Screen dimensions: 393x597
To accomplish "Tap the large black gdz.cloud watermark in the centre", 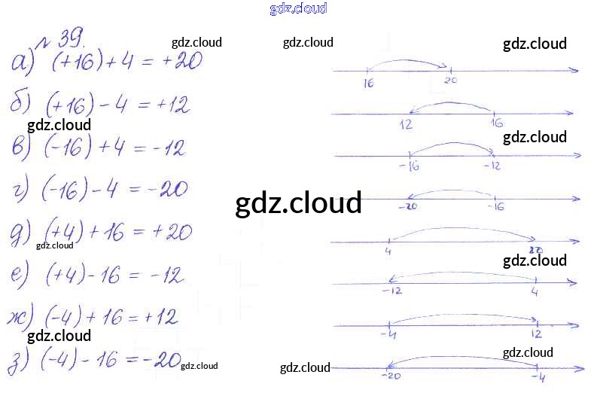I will coord(298,203).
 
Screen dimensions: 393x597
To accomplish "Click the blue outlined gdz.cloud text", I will coord(298,8).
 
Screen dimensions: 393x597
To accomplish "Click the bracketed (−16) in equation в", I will coord(68,148).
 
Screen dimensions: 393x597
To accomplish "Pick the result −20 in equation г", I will coord(168,190).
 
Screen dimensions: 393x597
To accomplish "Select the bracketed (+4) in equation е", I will coord(66,276).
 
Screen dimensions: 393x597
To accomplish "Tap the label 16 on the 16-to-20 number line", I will coord(368,84).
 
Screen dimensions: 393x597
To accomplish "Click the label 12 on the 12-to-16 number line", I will coord(407,125).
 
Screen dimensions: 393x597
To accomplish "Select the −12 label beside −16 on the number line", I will coord(491,166).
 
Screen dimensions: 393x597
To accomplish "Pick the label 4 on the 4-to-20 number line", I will coord(387,251).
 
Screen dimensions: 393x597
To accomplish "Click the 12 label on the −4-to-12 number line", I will coord(536,334).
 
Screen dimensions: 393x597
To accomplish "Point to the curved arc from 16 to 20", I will coord(407,62).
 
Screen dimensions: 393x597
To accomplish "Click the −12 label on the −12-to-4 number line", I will coord(391,291).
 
